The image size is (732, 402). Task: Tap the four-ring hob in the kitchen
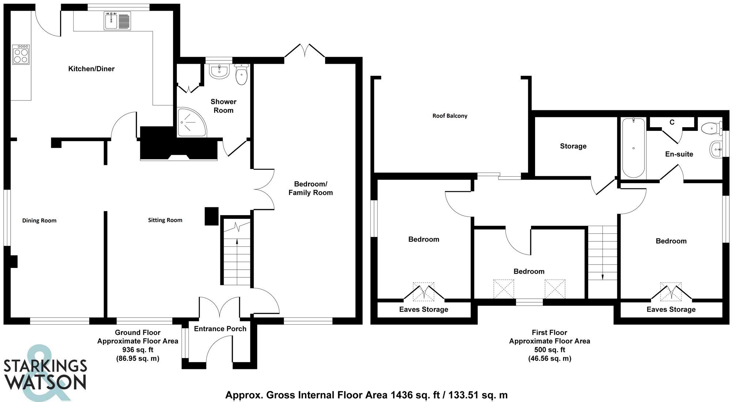[x=21, y=55]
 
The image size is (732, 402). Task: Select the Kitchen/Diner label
[x=91, y=69]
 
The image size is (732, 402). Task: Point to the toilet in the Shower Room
[x=242, y=75]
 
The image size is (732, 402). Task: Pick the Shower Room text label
[x=223, y=106]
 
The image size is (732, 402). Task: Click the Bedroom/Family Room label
[x=311, y=188]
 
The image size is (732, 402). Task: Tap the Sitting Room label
[x=165, y=220]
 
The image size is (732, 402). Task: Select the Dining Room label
[x=39, y=221]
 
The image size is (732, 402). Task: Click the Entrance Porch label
[x=220, y=329]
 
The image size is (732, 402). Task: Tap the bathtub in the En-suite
[x=633, y=148]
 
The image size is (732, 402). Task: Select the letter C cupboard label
[x=672, y=122]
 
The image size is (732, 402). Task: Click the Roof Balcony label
[x=450, y=116]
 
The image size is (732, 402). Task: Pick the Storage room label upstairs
[x=573, y=146]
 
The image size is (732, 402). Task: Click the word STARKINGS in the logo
[x=45, y=366]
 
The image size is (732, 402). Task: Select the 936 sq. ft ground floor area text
[x=138, y=350]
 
